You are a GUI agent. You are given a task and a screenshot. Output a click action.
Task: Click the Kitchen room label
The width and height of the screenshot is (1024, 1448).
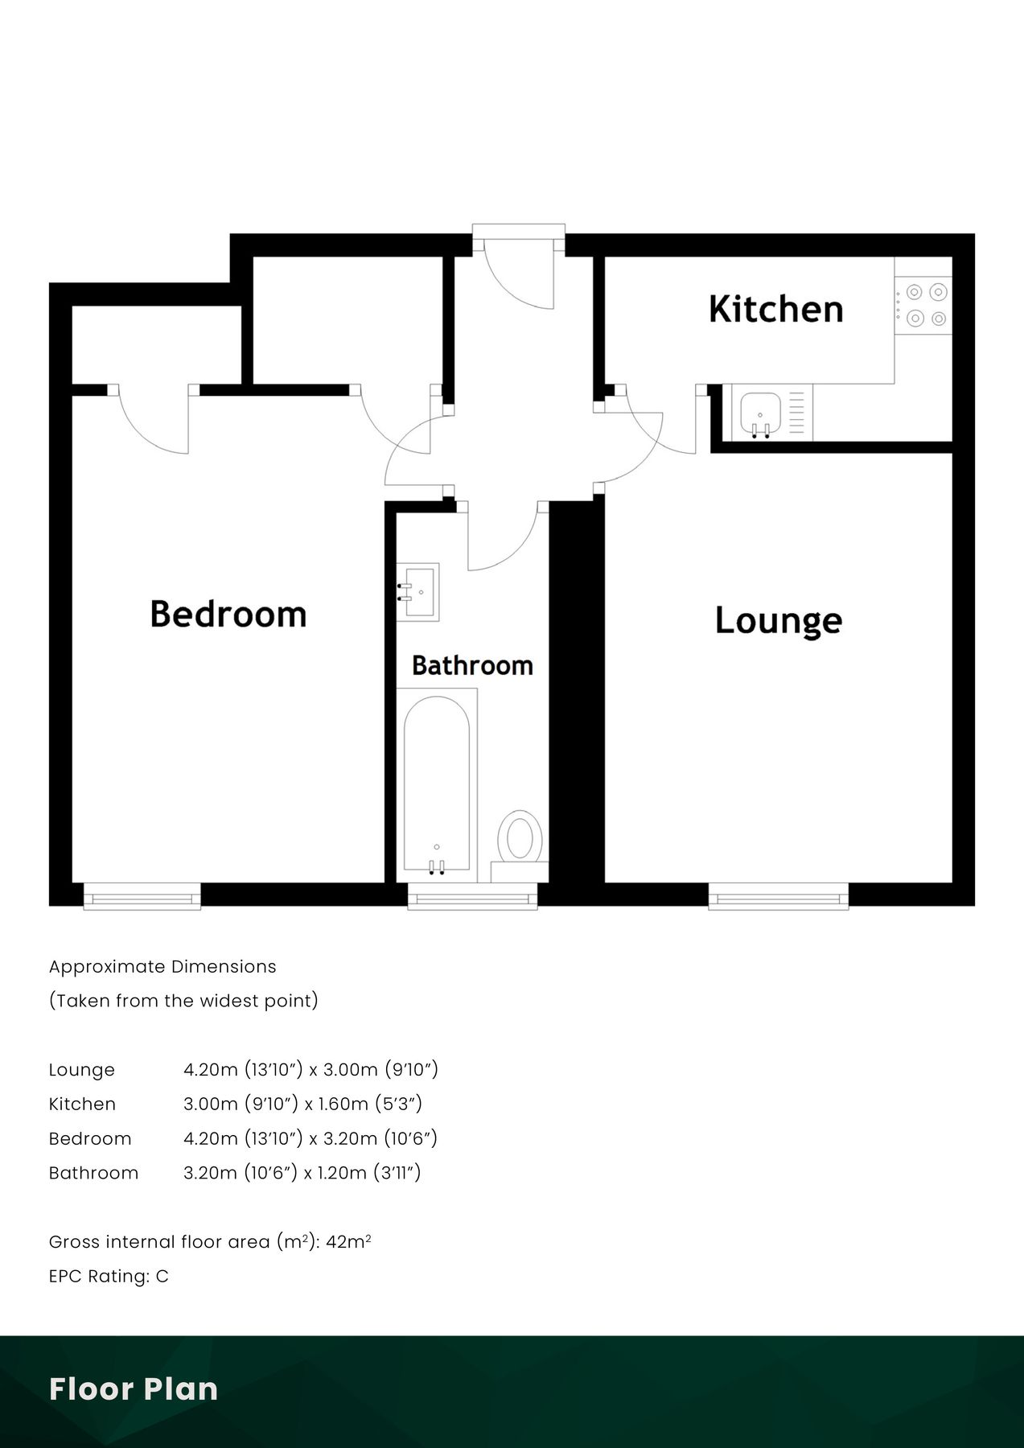click(775, 310)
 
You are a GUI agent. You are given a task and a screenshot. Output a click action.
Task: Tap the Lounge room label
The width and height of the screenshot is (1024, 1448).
click(778, 621)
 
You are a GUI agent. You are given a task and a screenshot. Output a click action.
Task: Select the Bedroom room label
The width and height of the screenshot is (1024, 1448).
click(228, 615)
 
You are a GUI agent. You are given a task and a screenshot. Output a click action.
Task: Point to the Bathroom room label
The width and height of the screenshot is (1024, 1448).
click(472, 665)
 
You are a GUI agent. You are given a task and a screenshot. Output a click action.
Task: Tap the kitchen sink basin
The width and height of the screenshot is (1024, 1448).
click(760, 412)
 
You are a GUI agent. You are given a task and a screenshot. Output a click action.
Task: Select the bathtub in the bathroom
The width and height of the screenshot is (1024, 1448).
click(436, 784)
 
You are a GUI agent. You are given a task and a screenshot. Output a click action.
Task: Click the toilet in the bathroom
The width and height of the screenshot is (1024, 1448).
click(520, 838)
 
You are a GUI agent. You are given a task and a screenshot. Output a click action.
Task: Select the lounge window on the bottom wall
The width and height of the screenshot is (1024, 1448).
click(778, 895)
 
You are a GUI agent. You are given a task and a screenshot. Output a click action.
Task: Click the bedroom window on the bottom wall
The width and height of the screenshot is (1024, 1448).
click(142, 895)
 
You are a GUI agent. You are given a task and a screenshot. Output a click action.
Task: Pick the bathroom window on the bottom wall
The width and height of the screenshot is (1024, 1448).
click(472, 895)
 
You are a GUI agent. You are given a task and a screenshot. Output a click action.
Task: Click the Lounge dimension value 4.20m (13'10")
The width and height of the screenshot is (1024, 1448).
click(243, 1069)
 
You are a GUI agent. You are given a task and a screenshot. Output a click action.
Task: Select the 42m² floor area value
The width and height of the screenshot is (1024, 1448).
click(348, 1241)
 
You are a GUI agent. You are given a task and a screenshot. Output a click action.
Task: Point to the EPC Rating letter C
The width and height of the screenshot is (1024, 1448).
click(162, 1276)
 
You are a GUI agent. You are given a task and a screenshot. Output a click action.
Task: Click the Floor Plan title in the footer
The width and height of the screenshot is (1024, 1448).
click(134, 1389)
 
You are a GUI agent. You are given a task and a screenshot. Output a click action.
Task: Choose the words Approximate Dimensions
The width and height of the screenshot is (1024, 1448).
click(162, 966)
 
